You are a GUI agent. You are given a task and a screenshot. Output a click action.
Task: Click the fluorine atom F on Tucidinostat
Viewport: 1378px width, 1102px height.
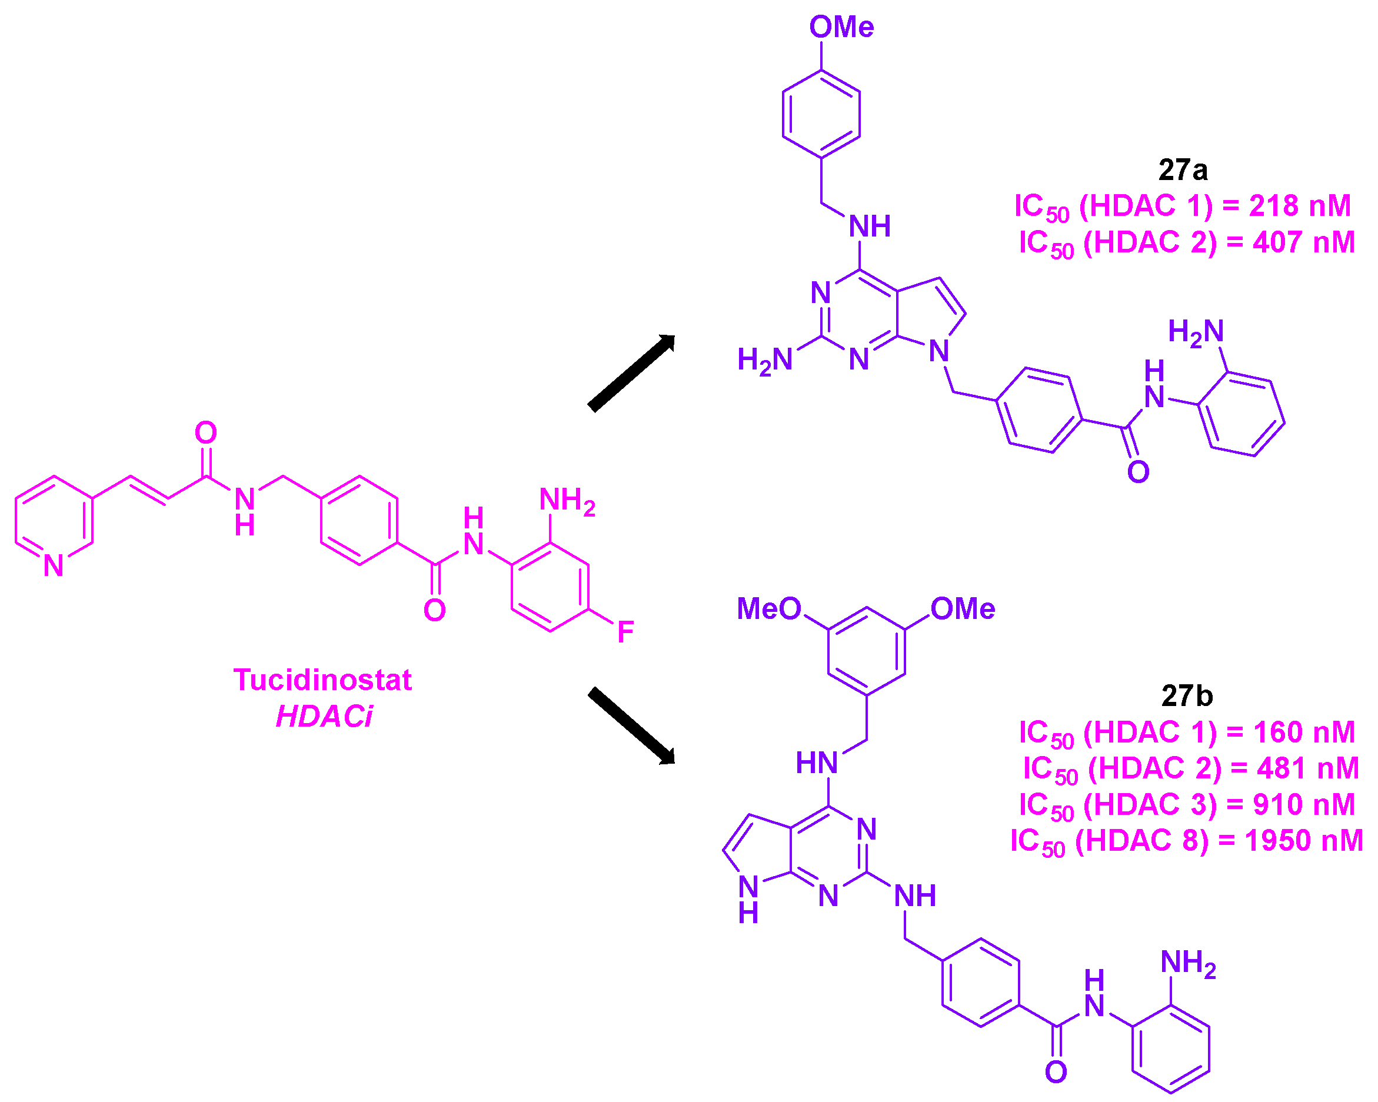[x=625, y=632]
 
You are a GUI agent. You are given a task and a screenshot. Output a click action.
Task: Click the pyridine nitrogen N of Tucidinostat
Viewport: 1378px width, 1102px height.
[x=54, y=565]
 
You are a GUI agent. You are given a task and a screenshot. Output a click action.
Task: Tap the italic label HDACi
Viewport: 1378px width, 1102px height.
[x=324, y=717]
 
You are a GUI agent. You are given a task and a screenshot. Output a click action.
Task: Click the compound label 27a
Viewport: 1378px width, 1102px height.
[x=1183, y=170]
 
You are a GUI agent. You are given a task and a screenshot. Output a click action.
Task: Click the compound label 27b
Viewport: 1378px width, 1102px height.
[x=1187, y=695]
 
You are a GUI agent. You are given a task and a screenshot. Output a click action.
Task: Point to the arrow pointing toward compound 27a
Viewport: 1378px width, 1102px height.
[x=631, y=372]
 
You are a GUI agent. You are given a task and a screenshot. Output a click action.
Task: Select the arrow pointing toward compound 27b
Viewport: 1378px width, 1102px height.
[x=631, y=725]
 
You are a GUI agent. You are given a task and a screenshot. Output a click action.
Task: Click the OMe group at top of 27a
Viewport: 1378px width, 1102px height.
[x=841, y=28]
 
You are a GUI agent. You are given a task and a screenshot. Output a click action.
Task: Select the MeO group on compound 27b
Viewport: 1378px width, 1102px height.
[x=769, y=608]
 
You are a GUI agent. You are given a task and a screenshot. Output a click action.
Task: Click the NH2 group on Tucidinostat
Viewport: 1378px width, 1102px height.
[x=567, y=500]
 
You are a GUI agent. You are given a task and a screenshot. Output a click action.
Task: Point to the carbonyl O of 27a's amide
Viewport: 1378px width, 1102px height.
[x=1138, y=472]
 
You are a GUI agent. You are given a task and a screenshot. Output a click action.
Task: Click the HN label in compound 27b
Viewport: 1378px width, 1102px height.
[x=816, y=763]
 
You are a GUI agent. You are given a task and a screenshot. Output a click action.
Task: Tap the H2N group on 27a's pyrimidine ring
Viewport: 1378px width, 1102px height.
[x=764, y=359]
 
